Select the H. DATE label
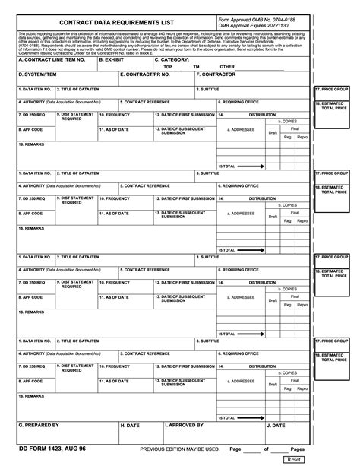tap(130, 425)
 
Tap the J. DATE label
tap(275, 425)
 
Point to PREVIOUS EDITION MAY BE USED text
tap(180, 449)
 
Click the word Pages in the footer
tap(298, 449)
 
